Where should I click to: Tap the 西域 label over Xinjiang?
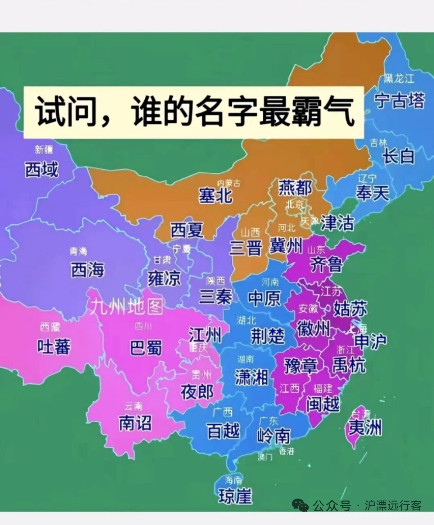click(41, 169)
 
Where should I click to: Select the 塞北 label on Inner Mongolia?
click(215, 196)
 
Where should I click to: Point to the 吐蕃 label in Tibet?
click(54, 347)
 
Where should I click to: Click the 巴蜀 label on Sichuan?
click(146, 348)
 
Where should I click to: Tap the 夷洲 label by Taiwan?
click(365, 428)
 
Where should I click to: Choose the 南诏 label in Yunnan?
click(135, 423)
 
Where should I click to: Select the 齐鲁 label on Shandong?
click(326, 265)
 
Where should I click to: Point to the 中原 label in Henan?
click(265, 298)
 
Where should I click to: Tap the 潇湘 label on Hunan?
click(251, 378)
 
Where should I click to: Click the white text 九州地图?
click(126, 307)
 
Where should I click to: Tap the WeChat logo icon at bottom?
click(300, 505)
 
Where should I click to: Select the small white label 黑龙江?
click(399, 78)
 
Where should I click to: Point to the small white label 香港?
click(287, 451)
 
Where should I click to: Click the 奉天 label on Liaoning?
click(372, 193)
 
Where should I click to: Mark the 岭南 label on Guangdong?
click(273, 436)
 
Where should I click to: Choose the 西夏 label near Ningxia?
click(187, 230)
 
